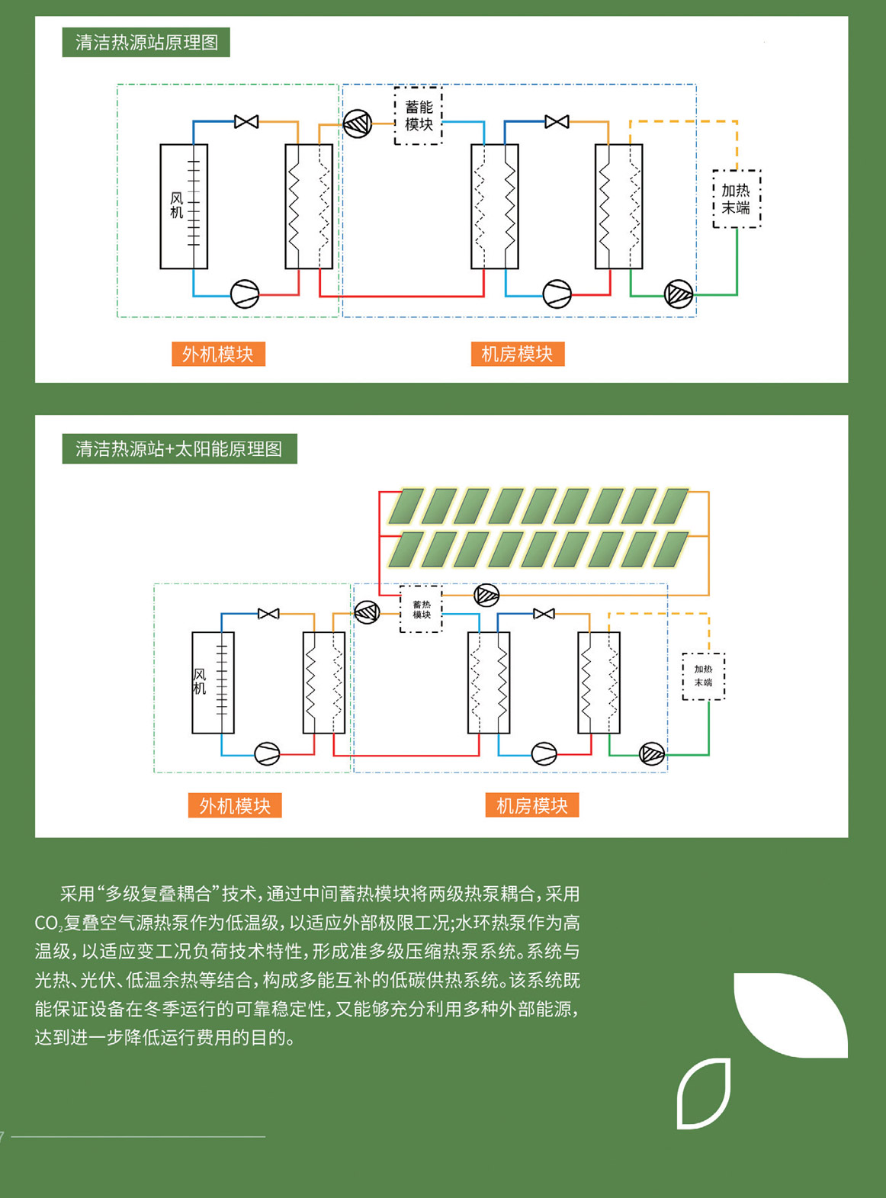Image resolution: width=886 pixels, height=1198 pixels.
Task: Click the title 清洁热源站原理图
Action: pyautogui.click(x=146, y=42)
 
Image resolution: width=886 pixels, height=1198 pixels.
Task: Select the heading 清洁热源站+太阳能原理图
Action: pyautogui.click(x=179, y=448)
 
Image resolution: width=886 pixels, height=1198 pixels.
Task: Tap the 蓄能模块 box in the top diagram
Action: pyautogui.click(x=419, y=116)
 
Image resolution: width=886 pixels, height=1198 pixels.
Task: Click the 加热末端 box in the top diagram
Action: pyautogui.click(x=736, y=199)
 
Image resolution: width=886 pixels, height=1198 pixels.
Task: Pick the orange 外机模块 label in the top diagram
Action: pyautogui.click(x=218, y=354)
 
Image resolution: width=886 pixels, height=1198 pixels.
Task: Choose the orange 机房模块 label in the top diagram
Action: pyautogui.click(x=517, y=354)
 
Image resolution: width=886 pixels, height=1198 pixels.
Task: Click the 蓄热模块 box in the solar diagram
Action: pyautogui.click(x=421, y=609)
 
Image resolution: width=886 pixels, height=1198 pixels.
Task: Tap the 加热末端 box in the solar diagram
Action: pyautogui.click(x=703, y=676)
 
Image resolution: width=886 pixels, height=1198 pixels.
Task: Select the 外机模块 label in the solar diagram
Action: pyautogui.click(x=235, y=805)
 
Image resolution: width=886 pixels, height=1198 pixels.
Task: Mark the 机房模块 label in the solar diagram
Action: pyautogui.click(x=532, y=805)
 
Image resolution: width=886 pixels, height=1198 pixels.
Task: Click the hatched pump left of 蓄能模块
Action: pyautogui.click(x=358, y=123)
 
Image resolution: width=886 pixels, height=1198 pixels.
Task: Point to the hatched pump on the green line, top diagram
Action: pyautogui.click(x=678, y=294)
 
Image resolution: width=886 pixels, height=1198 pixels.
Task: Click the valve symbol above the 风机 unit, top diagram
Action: pyautogui.click(x=246, y=121)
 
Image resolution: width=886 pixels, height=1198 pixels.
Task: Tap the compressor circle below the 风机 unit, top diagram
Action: pyautogui.click(x=245, y=294)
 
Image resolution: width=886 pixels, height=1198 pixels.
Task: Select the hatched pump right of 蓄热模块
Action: pyautogui.click(x=486, y=595)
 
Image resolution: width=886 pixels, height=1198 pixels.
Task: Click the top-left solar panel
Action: pyautogui.click(x=407, y=506)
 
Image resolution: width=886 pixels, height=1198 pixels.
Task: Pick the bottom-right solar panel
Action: pyautogui.click(x=671, y=550)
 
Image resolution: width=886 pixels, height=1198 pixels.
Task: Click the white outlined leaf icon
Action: pyautogui.click(x=704, y=1093)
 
